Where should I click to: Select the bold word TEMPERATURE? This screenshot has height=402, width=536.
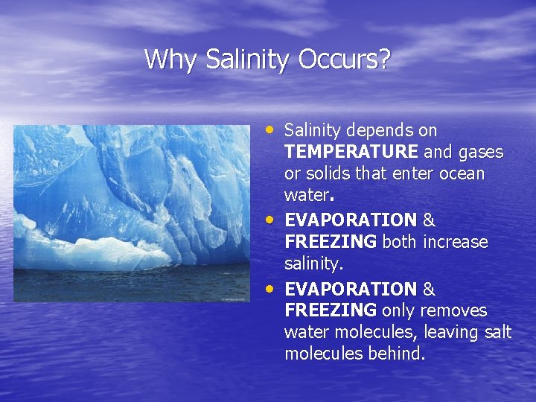(351, 153)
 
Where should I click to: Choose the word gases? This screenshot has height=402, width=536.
(481, 153)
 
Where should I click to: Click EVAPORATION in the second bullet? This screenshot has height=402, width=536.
(351, 221)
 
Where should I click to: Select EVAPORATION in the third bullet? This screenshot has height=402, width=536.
(351, 289)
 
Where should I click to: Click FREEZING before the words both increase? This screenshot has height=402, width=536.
(331, 243)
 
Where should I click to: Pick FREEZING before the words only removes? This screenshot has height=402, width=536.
(331, 310)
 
